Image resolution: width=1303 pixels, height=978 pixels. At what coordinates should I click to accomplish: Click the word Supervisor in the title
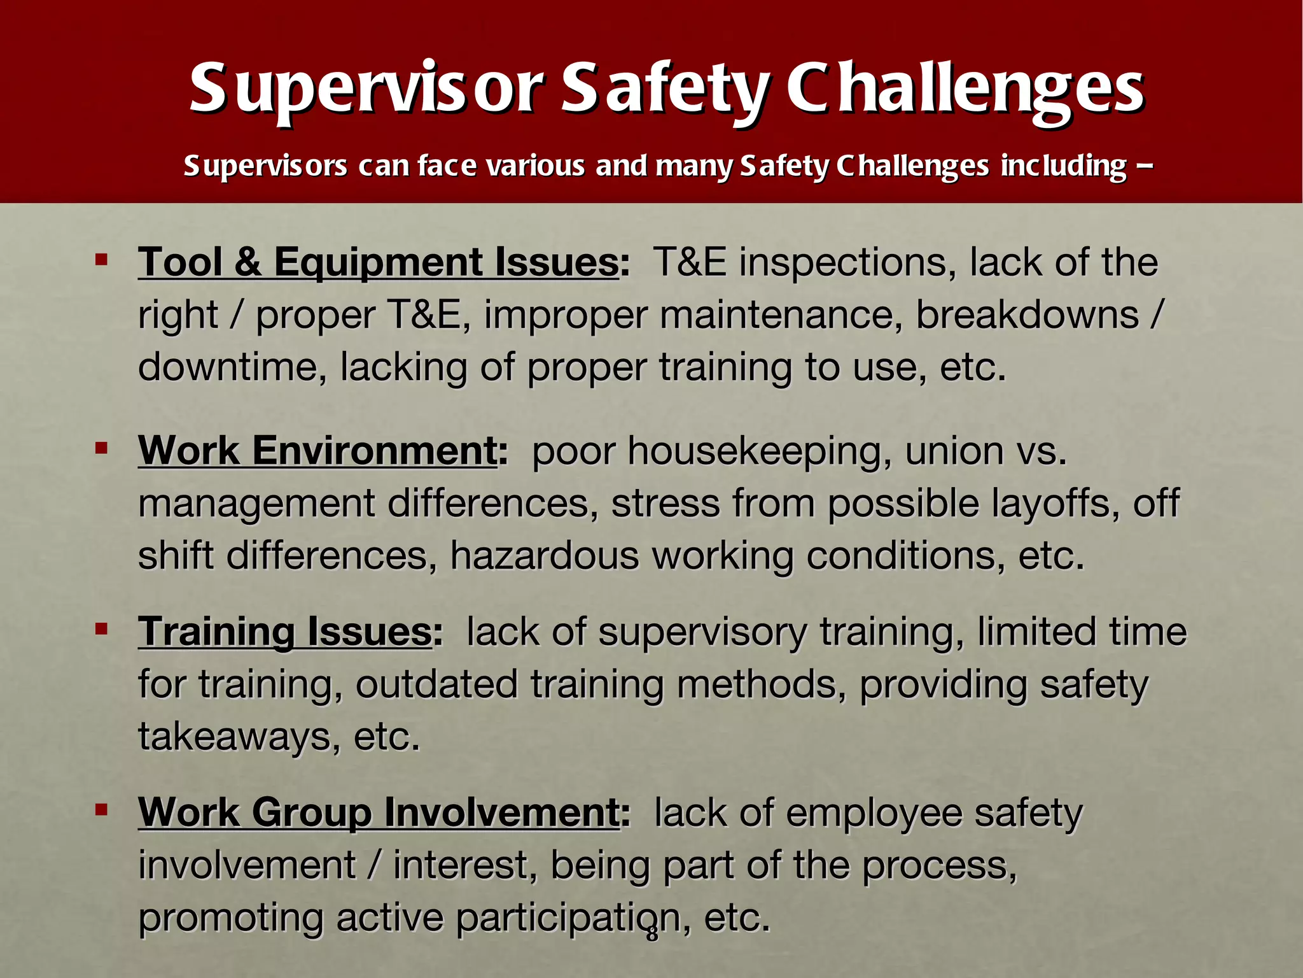[x=366, y=89]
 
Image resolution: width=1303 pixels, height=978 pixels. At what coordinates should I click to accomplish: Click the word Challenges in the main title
[x=965, y=89]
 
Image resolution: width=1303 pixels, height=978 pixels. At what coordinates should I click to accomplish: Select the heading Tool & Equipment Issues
[x=379, y=262]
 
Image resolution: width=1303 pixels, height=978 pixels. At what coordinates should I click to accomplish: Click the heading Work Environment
[x=317, y=451]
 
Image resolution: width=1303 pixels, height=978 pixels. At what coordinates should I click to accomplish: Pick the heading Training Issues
[x=286, y=632]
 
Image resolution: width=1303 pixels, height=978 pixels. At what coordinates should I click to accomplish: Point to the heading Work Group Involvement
[x=379, y=812]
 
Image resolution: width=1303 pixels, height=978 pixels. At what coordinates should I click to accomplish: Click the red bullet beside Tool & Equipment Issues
[x=101, y=259]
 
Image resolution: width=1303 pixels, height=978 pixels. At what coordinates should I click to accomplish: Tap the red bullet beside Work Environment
[x=101, y=448]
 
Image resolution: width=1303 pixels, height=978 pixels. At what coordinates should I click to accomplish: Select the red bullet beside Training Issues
[x=101, y=629]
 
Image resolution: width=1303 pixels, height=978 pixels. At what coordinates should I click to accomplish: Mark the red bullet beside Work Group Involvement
[x=101, y=810]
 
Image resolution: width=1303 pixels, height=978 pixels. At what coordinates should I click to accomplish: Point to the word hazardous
[x=545, y=556]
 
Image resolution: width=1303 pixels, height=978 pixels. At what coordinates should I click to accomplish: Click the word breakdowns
[x=1027, y=315]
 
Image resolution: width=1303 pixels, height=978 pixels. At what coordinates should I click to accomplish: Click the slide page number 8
[x=652, y=934]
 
